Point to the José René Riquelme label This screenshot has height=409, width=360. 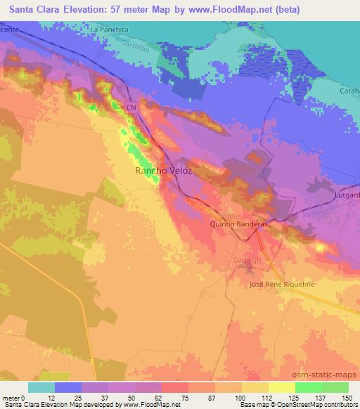click(282, 284)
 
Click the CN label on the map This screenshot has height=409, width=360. click(131, 107)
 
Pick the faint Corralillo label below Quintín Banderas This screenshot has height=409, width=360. click(247, 260)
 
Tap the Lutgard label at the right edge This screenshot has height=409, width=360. click(347, 193)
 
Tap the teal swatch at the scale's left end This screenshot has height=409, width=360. click(41, 387)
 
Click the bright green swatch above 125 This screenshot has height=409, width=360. click(308, 387)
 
